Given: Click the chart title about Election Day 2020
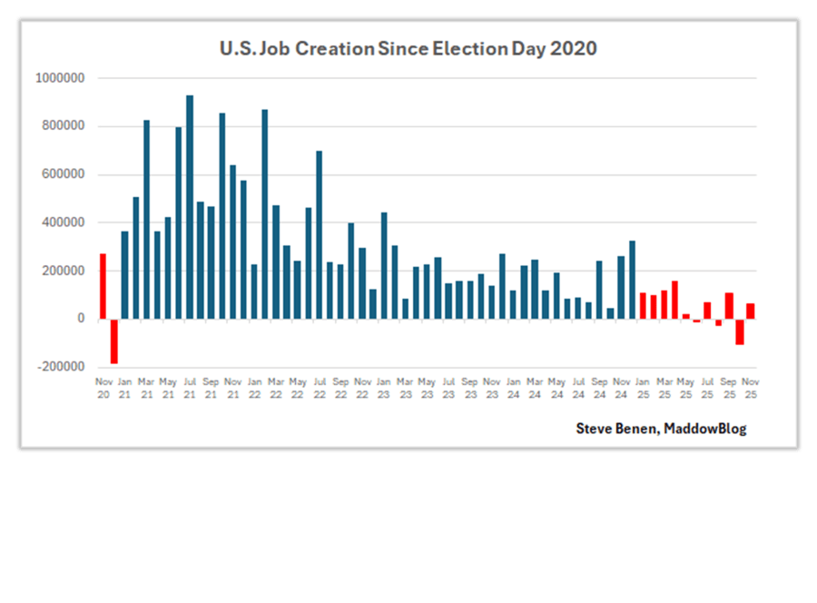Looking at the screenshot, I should (x=408, y=48).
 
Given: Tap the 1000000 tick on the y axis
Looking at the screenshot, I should (x=60, y=78).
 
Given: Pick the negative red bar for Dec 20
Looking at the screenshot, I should (x=114, y=341).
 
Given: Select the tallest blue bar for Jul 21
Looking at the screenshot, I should (x=190, y=207).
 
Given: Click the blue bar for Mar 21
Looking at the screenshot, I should (x=147, y=219).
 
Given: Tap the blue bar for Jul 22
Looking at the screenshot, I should (x=319, y=234).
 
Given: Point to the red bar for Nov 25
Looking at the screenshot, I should (x=751, y=311).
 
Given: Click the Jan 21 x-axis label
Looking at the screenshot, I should (x=124, y=388).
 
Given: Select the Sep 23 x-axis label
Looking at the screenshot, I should (x=469, y=388).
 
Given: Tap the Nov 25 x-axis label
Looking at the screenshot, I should (x=751, y=388).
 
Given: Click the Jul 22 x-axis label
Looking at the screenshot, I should (x=319, y=388).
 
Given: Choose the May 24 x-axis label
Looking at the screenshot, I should (x=556, y=388).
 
